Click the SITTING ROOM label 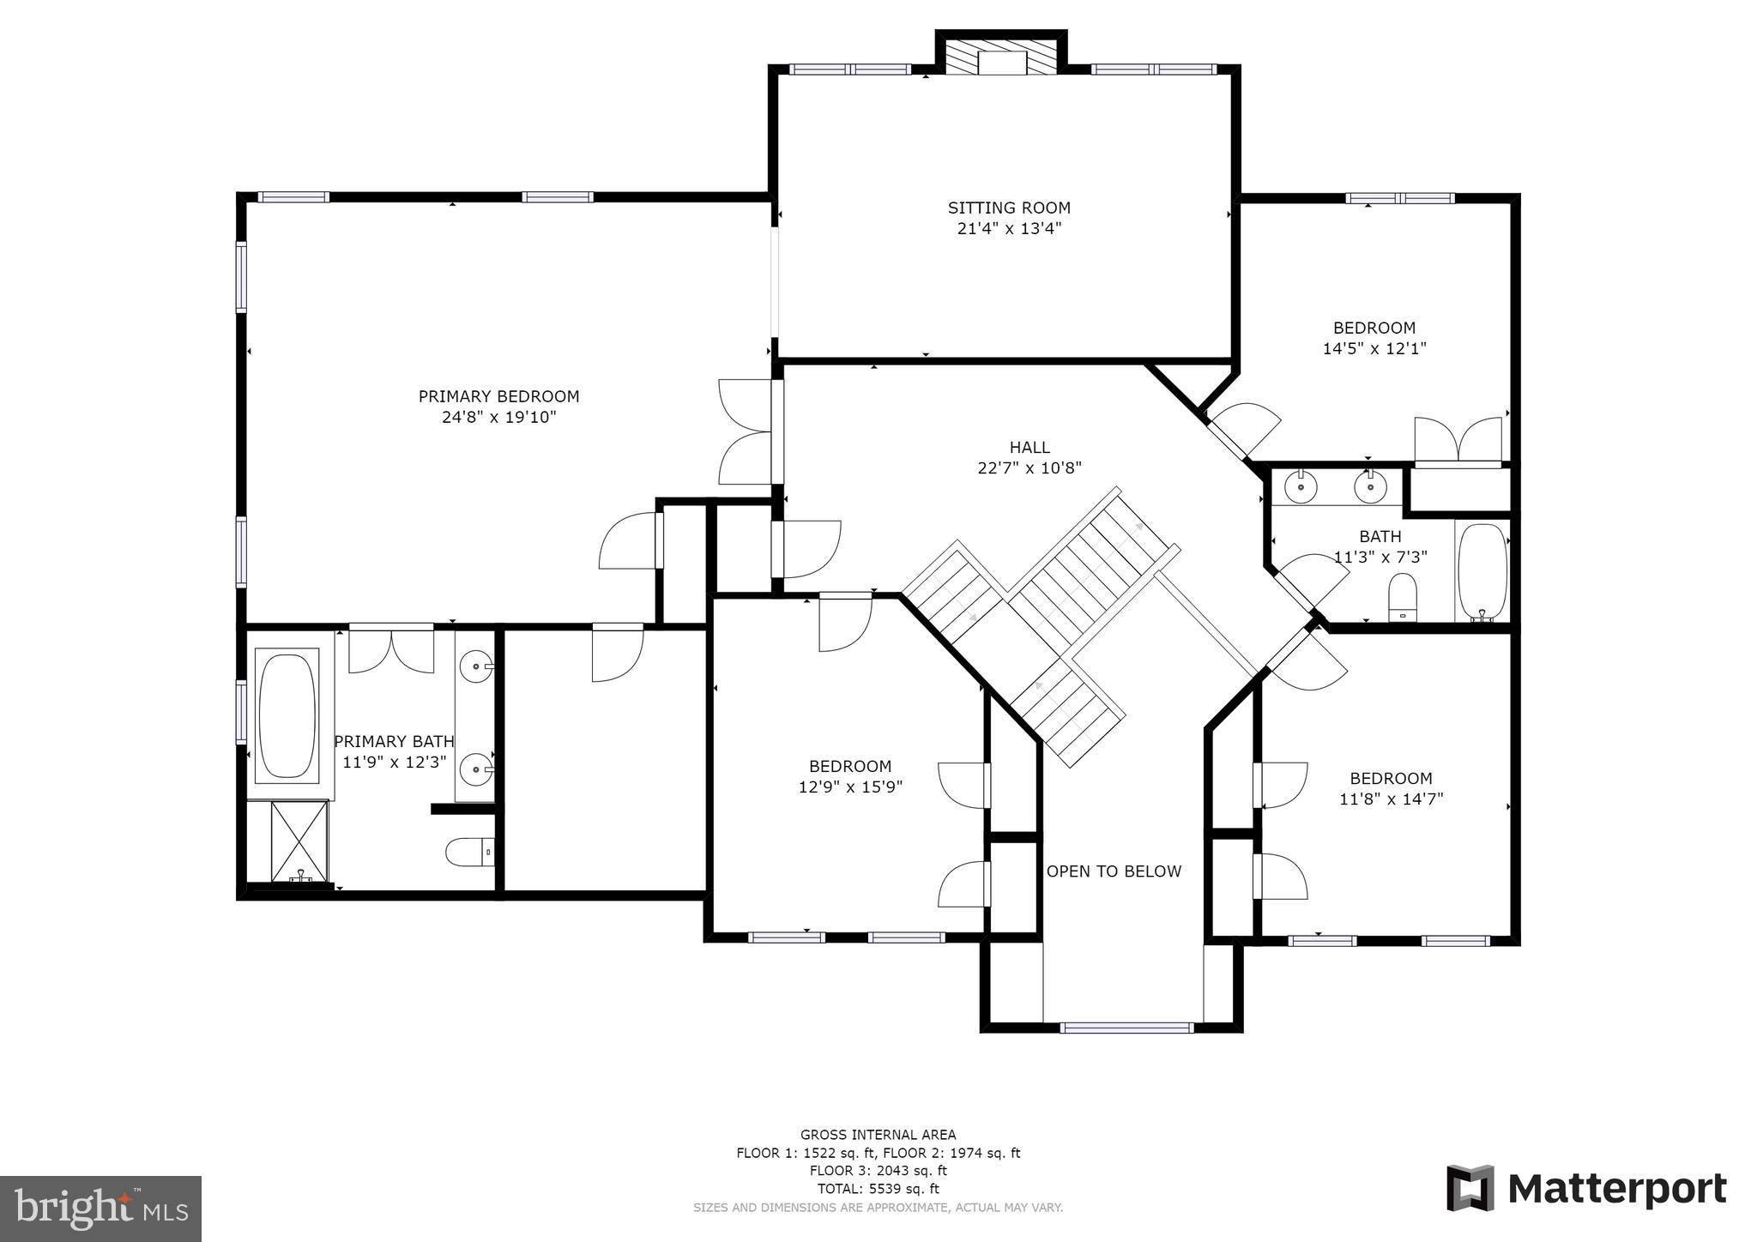point(1009,208)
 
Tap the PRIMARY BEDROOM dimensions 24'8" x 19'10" point(498,418)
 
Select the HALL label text point(1029,447)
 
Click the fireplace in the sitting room point(1001,57)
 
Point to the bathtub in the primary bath point(287,717)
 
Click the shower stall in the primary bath point(300,841)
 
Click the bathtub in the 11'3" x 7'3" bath point(1482,572)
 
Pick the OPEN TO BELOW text point(1114,871)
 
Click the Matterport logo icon point(1470,1188)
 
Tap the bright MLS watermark point(100,1209)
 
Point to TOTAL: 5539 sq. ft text point(878,1189)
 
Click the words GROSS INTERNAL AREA point(878,1135)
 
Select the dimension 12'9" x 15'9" point(850,787)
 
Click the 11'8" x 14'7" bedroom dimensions point(1392,799)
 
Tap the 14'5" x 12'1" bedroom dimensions point(1374,348)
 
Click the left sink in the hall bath point(1301,486)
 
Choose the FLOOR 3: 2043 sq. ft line point(878,1171)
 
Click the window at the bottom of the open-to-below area point(1126,1028)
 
